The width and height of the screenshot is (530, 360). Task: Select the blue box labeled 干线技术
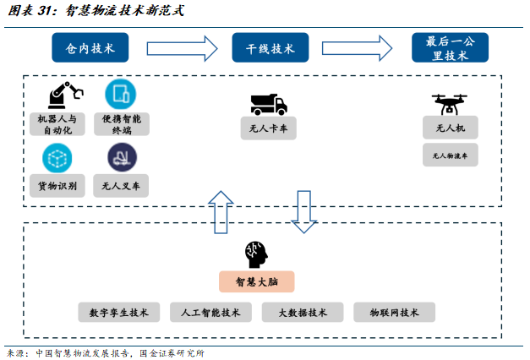click(x=270, y=48)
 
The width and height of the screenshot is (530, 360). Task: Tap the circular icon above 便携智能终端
click(x=121, y=94)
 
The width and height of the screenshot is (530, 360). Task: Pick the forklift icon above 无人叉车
click(x=122, y=157)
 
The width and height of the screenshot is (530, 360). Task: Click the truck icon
click(x=269, y=104)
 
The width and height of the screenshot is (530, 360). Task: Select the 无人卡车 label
click(x=268, y=129)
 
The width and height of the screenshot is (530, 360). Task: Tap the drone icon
click(x=450, y=103)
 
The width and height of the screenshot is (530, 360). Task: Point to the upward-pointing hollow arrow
click(x=221, y=211)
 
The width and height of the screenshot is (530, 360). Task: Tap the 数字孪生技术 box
click(x=118, y=312)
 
